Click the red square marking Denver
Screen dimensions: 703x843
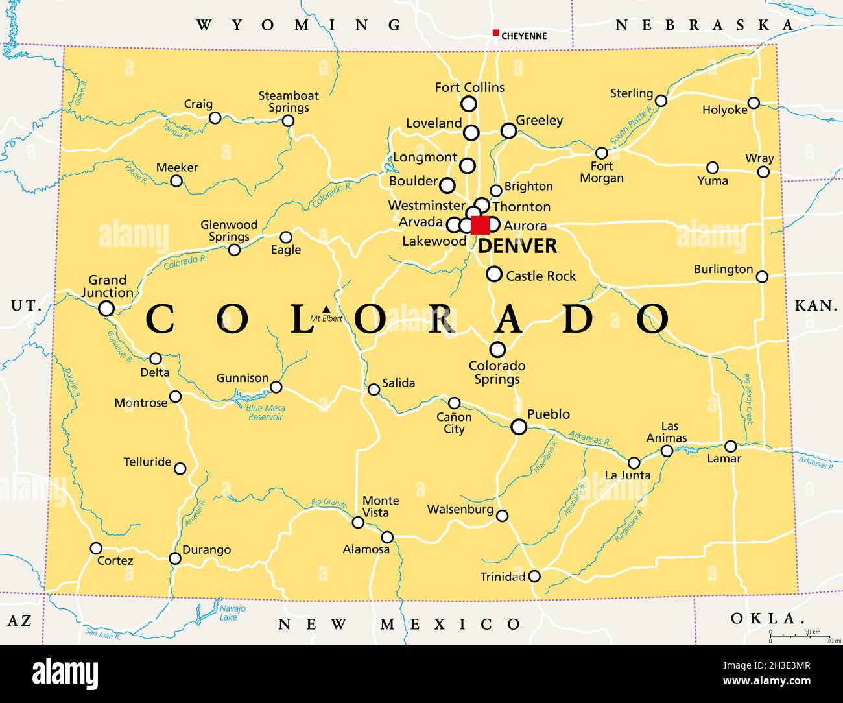481,225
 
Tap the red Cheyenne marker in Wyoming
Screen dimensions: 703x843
495,33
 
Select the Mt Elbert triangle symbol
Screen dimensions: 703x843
326,309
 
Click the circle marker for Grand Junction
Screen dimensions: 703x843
106,308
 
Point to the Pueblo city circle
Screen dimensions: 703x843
519,427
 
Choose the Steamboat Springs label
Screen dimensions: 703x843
289,102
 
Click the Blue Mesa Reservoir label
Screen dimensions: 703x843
266,412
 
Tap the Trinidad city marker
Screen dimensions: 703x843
534,576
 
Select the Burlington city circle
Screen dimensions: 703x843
762,277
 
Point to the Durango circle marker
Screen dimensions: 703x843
175,558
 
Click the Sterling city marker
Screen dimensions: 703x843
661,101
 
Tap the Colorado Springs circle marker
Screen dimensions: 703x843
497,350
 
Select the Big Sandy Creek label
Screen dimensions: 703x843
748,399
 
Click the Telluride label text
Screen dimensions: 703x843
147,462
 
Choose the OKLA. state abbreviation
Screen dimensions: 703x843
763,618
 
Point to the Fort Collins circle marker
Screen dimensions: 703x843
469,104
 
